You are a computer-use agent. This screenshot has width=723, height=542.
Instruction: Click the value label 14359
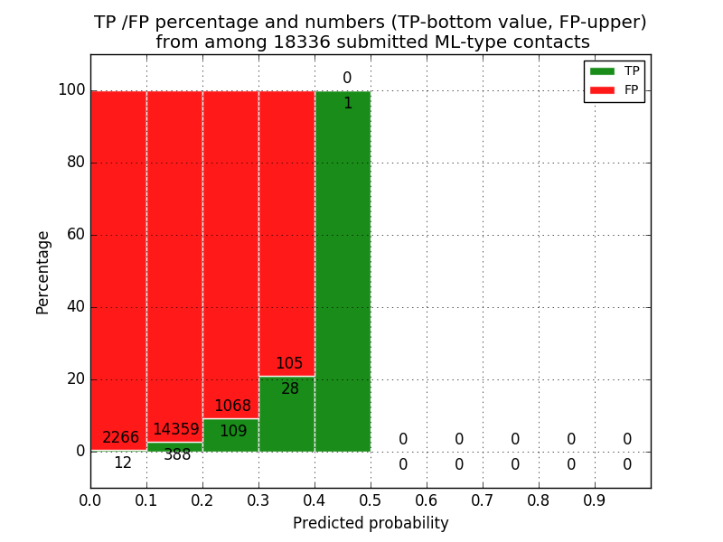pos(175,430)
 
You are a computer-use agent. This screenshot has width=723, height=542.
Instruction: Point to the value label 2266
pos(120,438)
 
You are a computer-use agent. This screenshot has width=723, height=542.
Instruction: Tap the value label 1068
pos(232,406)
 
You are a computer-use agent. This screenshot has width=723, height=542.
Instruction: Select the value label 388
pos(177,455)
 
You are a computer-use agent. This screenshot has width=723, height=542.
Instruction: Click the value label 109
pos(233,432)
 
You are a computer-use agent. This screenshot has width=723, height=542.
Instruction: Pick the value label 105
pos(289,364)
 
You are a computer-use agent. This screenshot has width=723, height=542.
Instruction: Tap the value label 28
pos(289,389)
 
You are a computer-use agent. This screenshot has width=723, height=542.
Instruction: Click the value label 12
pos(122,463)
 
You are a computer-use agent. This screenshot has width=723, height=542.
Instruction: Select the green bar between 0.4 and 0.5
pos(343,271)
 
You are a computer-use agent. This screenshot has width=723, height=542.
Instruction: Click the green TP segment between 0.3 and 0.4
pos(286,416)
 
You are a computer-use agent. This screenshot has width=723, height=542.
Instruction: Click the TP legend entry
pos(615,70)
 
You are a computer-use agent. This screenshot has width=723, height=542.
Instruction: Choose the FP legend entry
pos(615,89)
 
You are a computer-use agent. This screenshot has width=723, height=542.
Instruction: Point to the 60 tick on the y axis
pos(74,235)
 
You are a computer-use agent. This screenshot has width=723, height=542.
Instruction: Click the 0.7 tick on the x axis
pos(483,499)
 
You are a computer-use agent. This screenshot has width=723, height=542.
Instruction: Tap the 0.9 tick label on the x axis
pos(595,499)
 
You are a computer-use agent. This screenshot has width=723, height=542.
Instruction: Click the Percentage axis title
pos(43,272)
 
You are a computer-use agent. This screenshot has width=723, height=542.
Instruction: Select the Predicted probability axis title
pos(371,523)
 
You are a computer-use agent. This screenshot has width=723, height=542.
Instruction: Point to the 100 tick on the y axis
pos(71,90)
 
